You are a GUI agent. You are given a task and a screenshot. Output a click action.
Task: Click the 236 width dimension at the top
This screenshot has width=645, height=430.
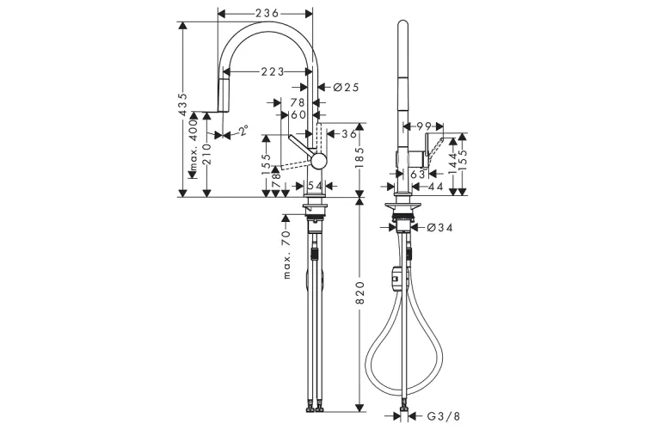click(265, 12)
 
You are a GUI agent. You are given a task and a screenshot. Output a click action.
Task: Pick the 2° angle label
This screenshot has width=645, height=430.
click(243, 132)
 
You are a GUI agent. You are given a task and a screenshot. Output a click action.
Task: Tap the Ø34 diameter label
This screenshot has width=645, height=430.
click(439, 228)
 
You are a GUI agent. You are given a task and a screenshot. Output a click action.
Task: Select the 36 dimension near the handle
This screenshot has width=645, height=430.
click(347, 133)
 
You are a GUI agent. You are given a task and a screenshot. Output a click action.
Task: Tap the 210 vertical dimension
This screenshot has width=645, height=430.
click(208, 157)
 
